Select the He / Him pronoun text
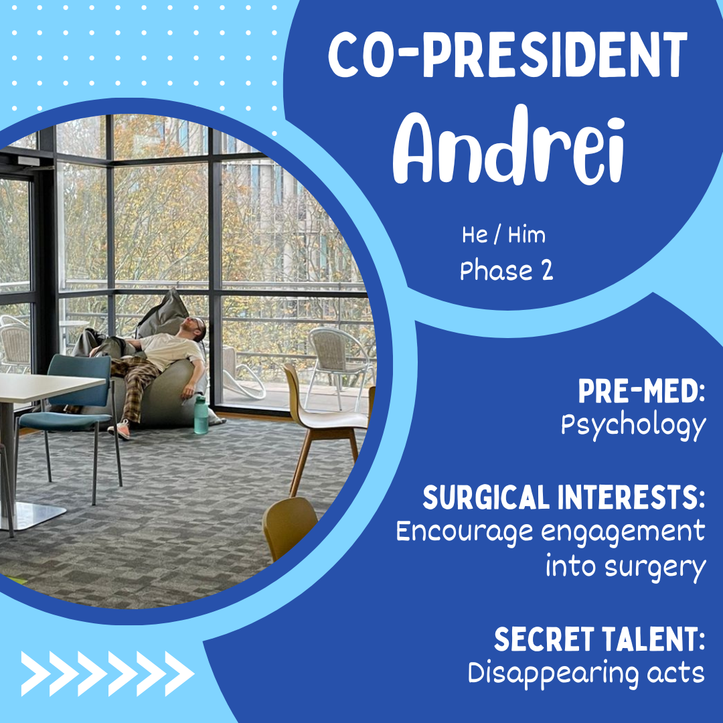tap(503, 235)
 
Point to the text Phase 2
tap(506, 270)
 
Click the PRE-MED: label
tap(642, 391)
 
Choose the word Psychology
tap(633, 426)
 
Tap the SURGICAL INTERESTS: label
tap(564, 497)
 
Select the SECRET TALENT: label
tap(599, 639)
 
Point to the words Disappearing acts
tap(586, 673)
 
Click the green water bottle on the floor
tap(201, 415)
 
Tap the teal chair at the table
tap(69, 415)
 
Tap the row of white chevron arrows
tap(107, 673)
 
